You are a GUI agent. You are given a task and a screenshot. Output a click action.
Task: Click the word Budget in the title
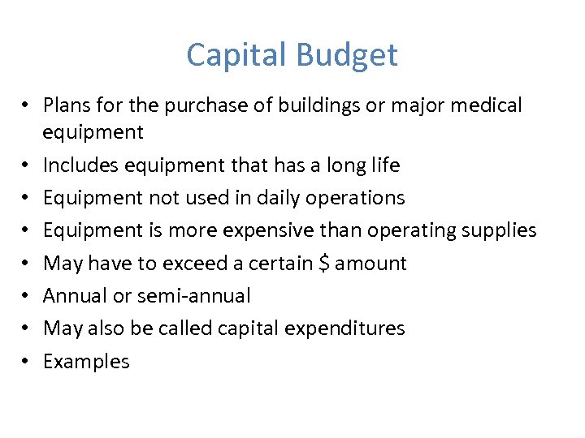pos(347,55)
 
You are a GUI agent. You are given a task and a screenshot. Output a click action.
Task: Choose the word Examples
pos(86,362)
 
